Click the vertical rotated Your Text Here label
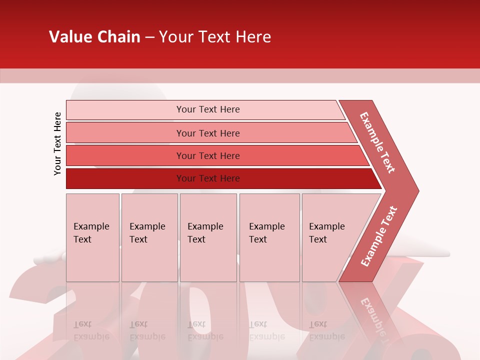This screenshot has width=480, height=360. click(57, 143)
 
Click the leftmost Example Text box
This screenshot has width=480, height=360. click(92, 237)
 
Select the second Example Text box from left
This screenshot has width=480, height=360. click(149, 237)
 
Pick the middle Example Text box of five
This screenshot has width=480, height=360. click(208, 237)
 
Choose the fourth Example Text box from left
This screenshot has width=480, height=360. click(269, 237)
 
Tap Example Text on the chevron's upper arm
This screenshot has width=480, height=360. click(377, 142)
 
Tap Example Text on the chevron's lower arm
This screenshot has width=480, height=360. click(379, 236)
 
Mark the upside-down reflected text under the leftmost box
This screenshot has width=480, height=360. click(91, 330)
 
